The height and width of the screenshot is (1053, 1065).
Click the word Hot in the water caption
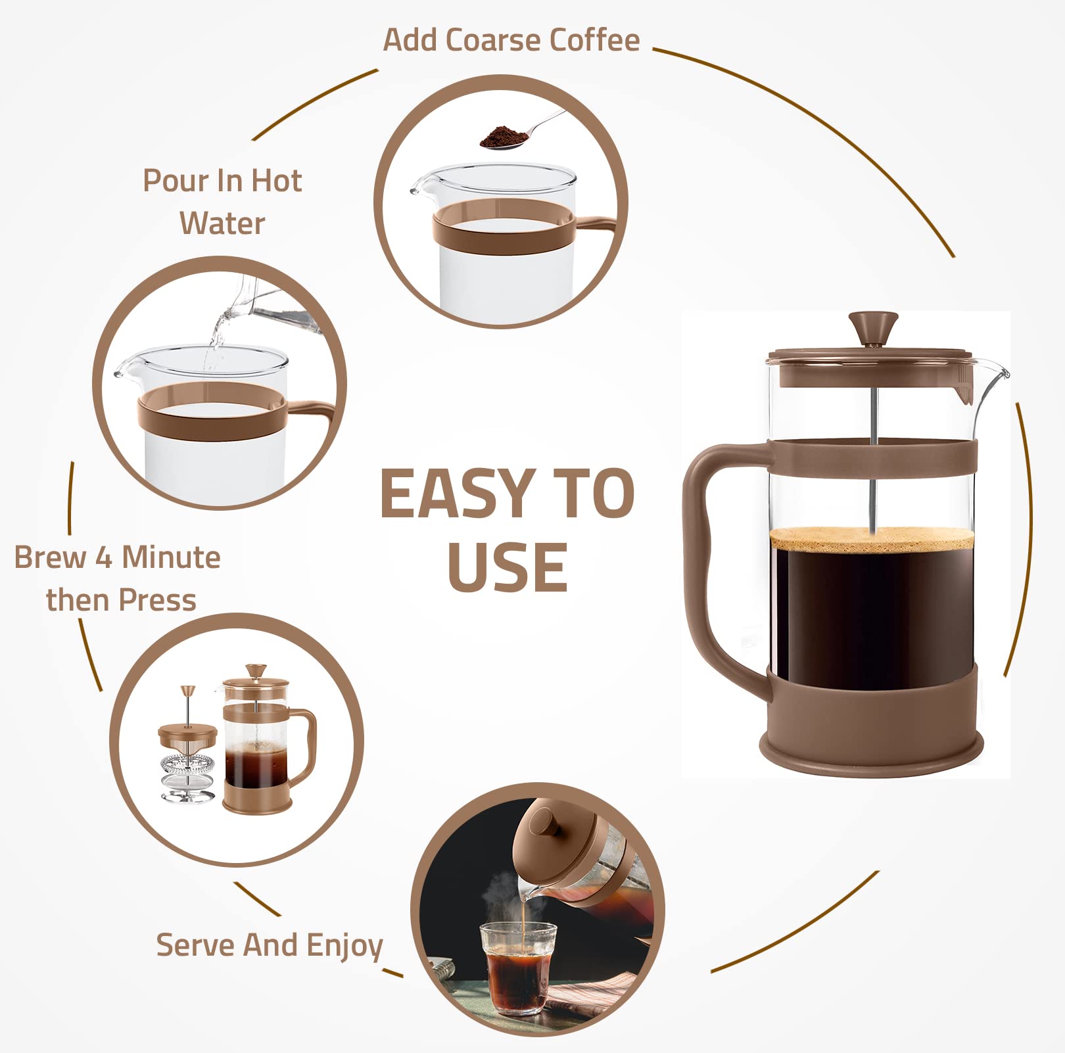point(276,181)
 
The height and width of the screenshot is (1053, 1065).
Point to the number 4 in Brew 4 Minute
point(104,558)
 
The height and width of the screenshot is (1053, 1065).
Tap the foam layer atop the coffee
point(872,539)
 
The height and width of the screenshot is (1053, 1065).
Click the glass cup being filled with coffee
point(517,966)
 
